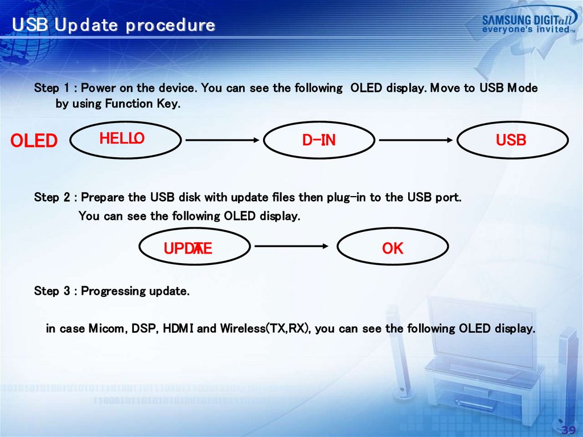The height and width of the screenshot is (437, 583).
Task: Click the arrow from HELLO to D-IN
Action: point(222,140)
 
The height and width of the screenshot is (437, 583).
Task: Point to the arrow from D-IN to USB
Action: point(416,140)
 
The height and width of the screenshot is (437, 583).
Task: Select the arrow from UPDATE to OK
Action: point(291,246)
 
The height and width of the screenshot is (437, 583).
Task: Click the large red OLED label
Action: point(34,141)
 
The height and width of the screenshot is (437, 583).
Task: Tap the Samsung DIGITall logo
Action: point(529,21)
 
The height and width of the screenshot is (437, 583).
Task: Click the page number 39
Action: point(569,430)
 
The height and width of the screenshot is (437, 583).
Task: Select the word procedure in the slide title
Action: point(170,25)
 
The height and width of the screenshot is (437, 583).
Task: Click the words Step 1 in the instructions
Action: point(52,88)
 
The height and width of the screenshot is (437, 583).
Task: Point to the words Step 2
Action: point(52,197)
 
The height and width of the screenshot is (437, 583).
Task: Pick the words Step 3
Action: point(52,291)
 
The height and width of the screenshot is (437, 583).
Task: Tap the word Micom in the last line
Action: point(109,329)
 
